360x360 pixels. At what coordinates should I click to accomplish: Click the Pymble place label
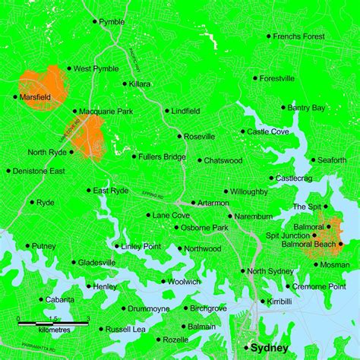(112, 23)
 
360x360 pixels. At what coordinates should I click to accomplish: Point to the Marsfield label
(35, 97)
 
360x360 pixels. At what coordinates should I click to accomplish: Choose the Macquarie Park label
(105, 112)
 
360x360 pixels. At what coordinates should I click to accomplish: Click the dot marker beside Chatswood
(199, 160)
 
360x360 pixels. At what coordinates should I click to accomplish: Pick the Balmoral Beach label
(308, 244)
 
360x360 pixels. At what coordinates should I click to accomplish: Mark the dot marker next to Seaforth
(313, 160)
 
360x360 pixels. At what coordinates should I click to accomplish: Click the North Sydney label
(270, 271)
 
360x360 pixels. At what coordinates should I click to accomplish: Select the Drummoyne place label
(150, 308)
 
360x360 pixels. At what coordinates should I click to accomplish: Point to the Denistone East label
(39, 171)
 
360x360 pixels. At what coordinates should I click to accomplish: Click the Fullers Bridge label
(162, 156)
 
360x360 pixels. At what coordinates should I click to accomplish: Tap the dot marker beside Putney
(27, 246)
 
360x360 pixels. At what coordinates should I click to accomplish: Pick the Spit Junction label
(287, 235)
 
